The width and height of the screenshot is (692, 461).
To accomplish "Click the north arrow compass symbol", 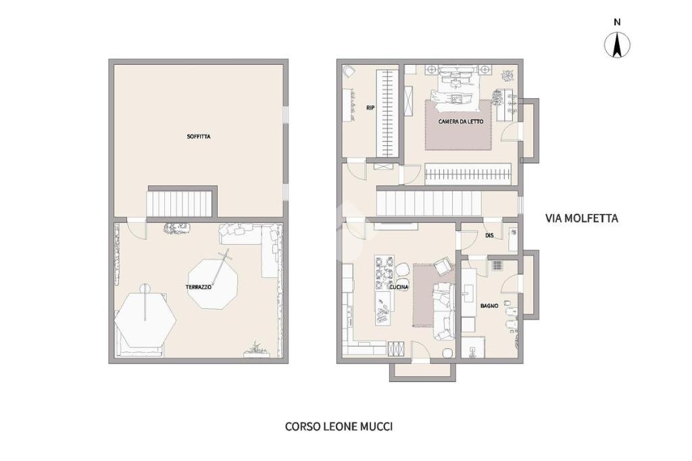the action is tap(618, 45).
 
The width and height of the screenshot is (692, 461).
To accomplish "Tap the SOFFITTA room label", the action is tap(199, 137).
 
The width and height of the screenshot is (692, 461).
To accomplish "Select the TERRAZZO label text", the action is tap(198, 287).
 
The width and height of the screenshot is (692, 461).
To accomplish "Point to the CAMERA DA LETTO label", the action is tap(460, 122).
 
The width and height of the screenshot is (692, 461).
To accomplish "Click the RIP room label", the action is tap(370, 107).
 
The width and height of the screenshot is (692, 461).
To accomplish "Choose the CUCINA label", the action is tap(399, 287).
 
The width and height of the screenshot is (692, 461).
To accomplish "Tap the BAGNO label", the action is tap(489, 306).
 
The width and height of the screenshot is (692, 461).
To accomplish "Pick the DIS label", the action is tap(489, 236).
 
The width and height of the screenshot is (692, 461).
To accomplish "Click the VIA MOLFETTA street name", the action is tap(582, 218).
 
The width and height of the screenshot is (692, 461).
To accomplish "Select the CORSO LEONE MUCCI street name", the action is tap(339, 427).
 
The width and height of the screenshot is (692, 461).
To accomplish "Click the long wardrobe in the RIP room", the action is tap(385, 114).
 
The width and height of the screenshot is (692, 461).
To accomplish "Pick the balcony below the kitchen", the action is tap(423, 371).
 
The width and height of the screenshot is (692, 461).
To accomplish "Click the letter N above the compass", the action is tap(618, 22).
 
